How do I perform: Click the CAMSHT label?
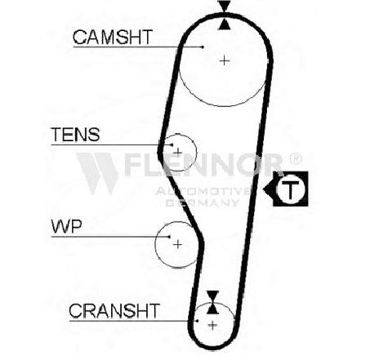click(x=113, y=37)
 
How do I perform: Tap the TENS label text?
click(x=75, y=135)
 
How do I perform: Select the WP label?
click(x=66, y=226)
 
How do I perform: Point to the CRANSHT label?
click(x=114, y=311)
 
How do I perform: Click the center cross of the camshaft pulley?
click(x=225, y=60)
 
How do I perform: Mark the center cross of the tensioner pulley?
click(x=177, y=152)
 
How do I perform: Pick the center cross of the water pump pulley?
click(x=177, y=244)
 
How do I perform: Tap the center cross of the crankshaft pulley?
click(x=212, y=325)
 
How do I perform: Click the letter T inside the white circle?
click(x=290, y=189)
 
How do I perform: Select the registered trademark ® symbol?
click(x=296, y=159)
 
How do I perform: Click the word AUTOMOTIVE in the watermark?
click(x=203, y=192)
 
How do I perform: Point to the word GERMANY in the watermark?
click(x=203, y=203)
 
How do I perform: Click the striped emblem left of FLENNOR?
click(x=98, y=173)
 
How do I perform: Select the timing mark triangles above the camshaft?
click(x=225, y=15)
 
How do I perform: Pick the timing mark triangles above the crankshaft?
click(x=212, y=302)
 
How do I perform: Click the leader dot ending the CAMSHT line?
click(x=203, y=47)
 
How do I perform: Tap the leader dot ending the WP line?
click(x=169, y=237)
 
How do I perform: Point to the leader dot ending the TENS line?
click(x=172, y=144)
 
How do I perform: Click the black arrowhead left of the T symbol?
click(x=268, y=189)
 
